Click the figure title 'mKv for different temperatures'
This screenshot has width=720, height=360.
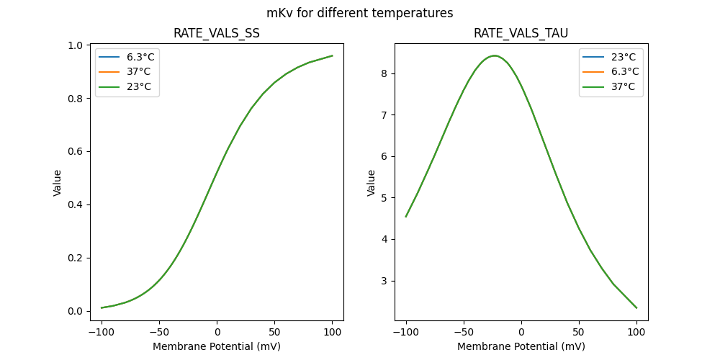[360, 13]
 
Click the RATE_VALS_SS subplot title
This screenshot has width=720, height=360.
[217, 33]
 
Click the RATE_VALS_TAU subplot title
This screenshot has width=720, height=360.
[521, 33]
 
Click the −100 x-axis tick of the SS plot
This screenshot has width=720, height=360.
[102, 332]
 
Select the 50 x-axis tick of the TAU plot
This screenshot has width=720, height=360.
[579, 332]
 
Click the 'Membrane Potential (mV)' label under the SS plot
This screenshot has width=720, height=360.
[217, 346]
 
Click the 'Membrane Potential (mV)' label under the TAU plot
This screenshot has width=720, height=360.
[521, 346]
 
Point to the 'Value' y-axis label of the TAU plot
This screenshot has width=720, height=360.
[372, 183]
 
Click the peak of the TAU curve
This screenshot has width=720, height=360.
[494, 55]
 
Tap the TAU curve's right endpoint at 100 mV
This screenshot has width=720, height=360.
[636, 308]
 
